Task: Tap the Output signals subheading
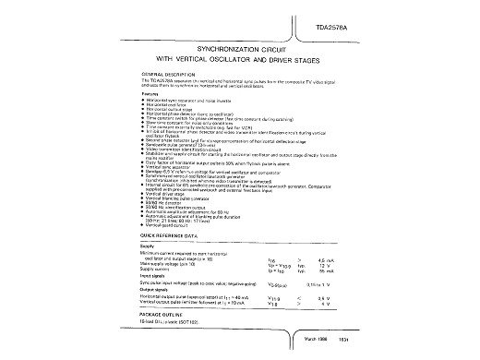coord(158,289)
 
